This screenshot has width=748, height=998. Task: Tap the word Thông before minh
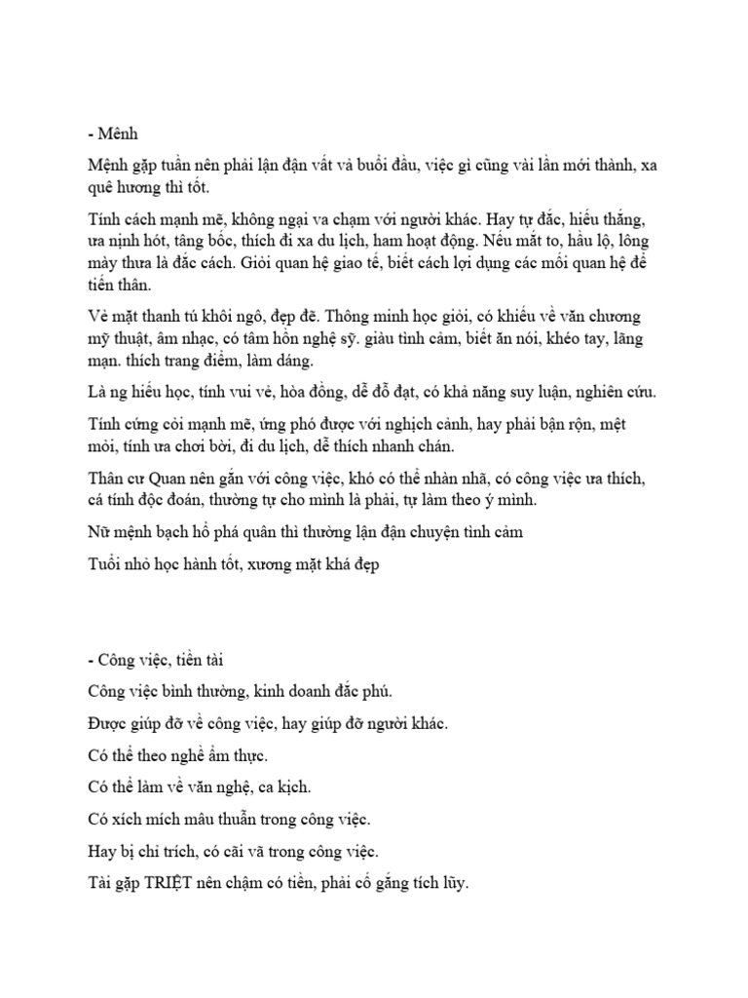357,318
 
